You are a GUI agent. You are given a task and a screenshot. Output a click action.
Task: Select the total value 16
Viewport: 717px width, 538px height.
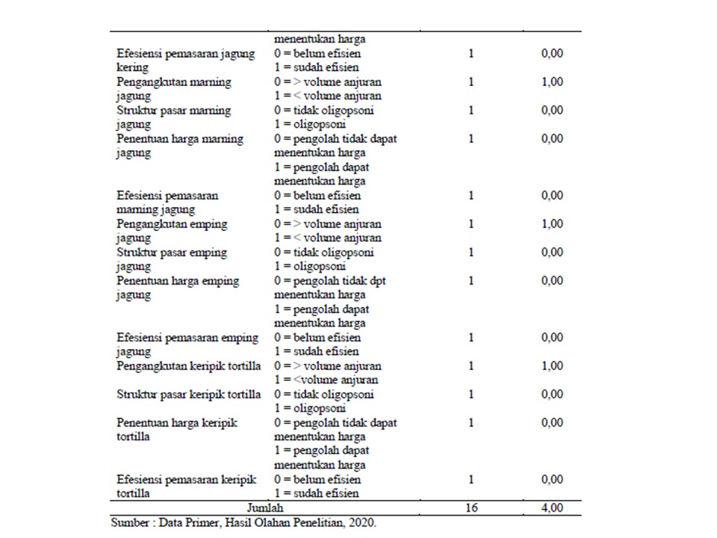tap(471, 508)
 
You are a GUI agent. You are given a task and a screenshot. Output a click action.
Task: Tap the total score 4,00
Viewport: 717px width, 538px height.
tap(552, 508)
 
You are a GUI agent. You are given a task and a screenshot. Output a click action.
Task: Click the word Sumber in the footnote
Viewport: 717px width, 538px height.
tap(129, 522)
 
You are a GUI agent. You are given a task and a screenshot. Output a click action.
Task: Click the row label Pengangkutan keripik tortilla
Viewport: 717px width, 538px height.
tap(188, 366)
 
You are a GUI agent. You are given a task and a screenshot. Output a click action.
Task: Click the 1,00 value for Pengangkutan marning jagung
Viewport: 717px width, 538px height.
tap(552, 81)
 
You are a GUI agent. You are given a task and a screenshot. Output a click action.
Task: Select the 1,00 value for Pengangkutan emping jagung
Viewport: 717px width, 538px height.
tap(552, 223)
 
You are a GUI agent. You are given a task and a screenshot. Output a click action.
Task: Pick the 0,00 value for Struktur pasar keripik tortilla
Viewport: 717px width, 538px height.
tap(552, 394)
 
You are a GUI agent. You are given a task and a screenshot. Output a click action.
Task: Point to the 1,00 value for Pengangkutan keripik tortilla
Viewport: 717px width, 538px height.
tap(552, 366)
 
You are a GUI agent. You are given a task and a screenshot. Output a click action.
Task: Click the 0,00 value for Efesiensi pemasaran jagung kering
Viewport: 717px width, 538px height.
tap(552, 53)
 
